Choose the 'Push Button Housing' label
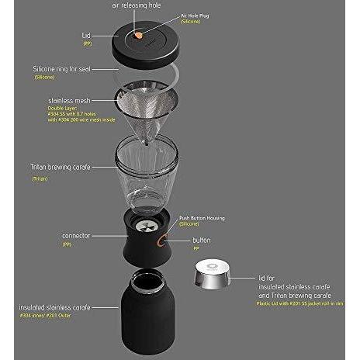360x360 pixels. tap(202, 219)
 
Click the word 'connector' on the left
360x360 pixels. tap(79, 234)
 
